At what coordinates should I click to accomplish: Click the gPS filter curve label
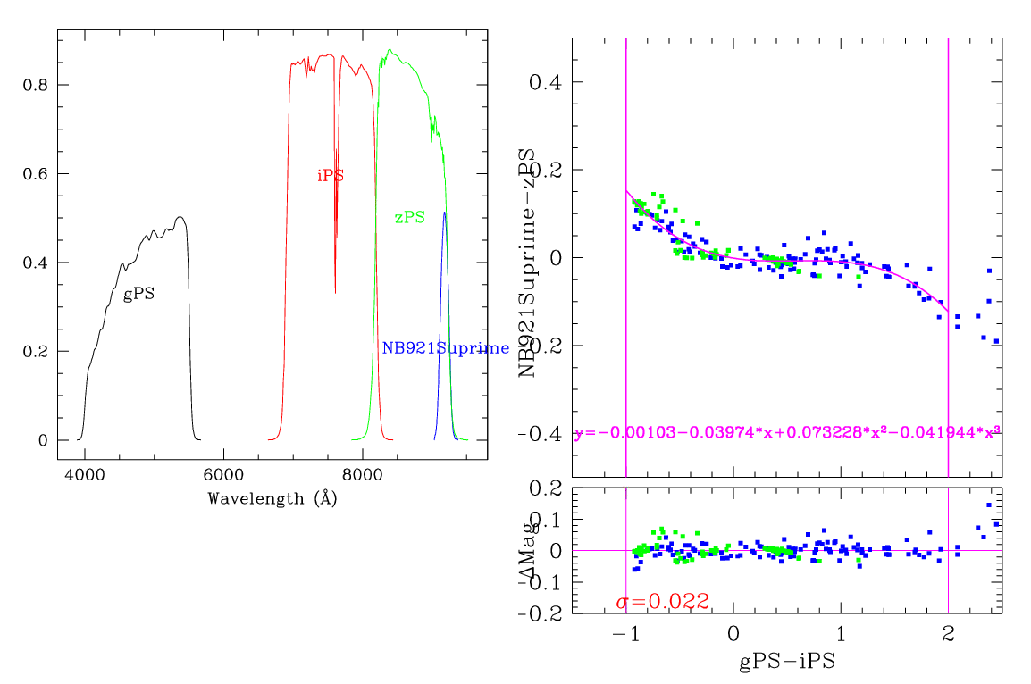[x=138, y=294]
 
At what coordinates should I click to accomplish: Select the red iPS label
[x=331, y=176]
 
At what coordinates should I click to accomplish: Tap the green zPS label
[x=410, y=217]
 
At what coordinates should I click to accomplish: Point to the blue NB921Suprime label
[x=445, y=348]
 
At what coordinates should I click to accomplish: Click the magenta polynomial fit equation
[x=786, y=432]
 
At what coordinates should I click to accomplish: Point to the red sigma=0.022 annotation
[x=662, y=602]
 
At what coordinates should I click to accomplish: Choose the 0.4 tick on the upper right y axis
[x=548, y=82]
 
